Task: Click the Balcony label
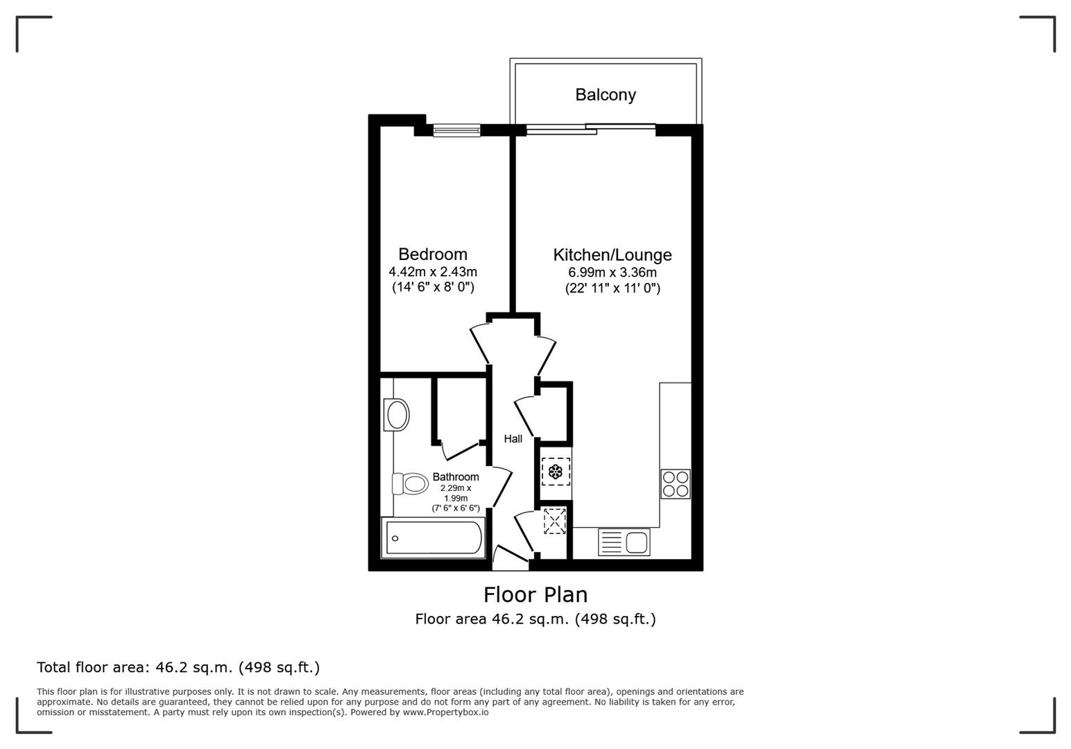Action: coord(605,94)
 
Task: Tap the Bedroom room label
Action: coord(432,254)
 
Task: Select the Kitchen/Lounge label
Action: coord(612,255)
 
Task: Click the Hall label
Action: coord(513,438)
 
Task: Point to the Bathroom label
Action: coord(455,476)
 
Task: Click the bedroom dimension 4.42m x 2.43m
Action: coord(432,272)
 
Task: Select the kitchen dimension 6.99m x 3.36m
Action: coord(612,273)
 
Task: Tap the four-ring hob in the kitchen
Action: coord(675,483)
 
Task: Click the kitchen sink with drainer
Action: coord(624,542)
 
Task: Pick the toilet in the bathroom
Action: coord(410,483)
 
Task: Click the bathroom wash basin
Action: coord(397,415)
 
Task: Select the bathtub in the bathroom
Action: coord(433,538)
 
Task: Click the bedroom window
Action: coord(456,130)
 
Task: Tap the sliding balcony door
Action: coord(590,129)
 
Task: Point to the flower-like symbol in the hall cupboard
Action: coord(555,472)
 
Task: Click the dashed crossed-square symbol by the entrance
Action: coord(554,521)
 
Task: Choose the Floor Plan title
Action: coord(535,594)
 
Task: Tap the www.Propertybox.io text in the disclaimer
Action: coord(445,712)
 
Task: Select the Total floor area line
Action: coord(178,667)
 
